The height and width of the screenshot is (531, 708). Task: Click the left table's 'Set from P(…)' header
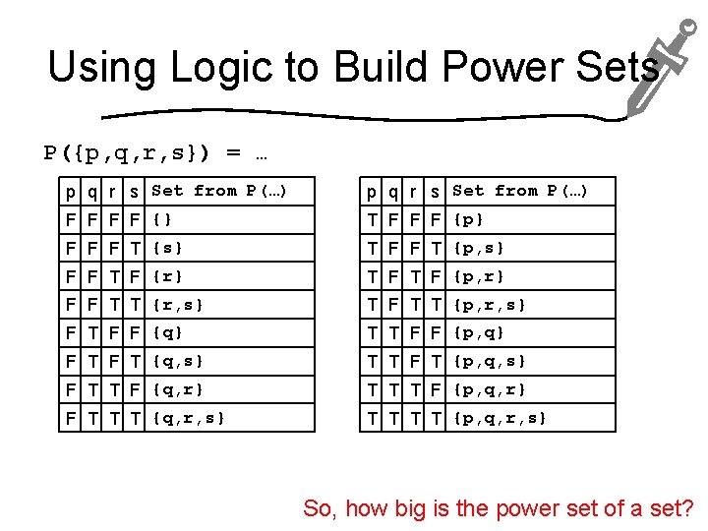(218, 191)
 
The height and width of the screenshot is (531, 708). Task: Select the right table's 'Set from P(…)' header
(519, 191)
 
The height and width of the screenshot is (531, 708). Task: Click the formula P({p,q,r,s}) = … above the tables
(156, 153)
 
